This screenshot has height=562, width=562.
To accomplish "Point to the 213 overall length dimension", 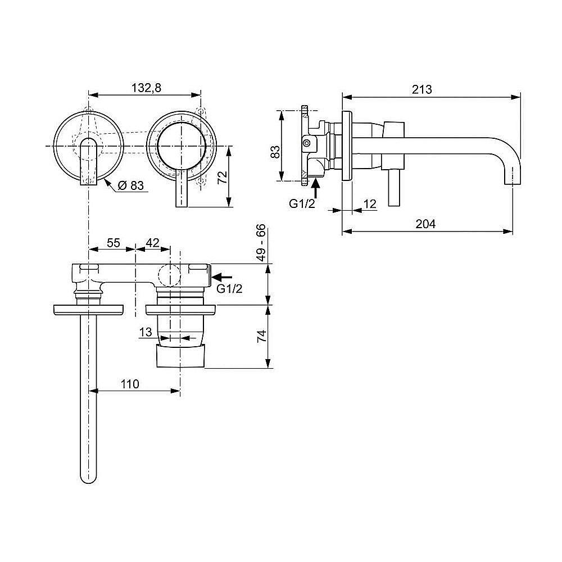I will tap(422, 89).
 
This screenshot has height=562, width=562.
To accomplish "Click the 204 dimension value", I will tap(425, 224).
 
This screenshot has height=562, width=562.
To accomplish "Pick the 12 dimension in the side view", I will tap(370, 204).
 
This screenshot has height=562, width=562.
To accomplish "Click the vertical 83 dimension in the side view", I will tap(274, 152).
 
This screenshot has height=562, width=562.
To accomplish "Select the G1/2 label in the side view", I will tap(301, 204).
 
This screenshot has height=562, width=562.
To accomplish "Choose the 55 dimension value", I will tap(114, 243).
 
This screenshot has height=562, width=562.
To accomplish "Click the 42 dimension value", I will tap(152, 243).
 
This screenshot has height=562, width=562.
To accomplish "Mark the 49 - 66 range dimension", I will tap(260, 242).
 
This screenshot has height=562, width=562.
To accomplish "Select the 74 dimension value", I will tap(261, 337).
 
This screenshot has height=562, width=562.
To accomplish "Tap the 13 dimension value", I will tap(146, 333).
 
